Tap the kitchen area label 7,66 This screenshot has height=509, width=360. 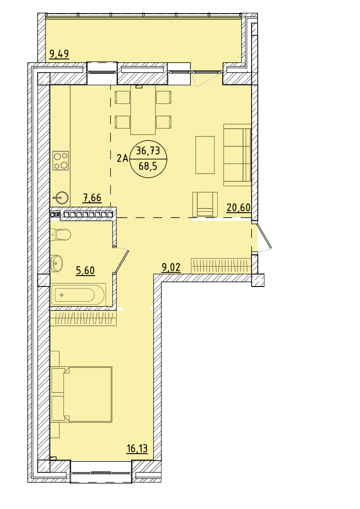coord(92,197)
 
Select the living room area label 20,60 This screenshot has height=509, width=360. coord(238,207)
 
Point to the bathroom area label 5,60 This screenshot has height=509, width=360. coord(85,270)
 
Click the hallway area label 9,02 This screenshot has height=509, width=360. coord(171,267)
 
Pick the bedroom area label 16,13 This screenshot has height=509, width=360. coord(137,449)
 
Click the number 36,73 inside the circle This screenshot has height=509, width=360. coord(148,150)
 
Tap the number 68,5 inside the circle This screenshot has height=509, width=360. coord(148,166)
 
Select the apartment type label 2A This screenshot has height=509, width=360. coord(122,159)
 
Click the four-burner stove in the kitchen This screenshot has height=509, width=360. coord(61,161)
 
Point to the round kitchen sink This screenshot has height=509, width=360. coord(61,197)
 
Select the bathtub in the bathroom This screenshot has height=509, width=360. coord(78,295)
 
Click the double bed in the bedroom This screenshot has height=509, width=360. coord(82,394)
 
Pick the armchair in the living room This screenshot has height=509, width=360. coord(205,204)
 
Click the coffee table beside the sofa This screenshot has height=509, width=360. coord(205,155)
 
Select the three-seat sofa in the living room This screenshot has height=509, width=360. coord(237,155)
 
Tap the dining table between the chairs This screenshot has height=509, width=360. coord(143,109)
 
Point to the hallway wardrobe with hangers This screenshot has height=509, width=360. coord(221,266)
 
